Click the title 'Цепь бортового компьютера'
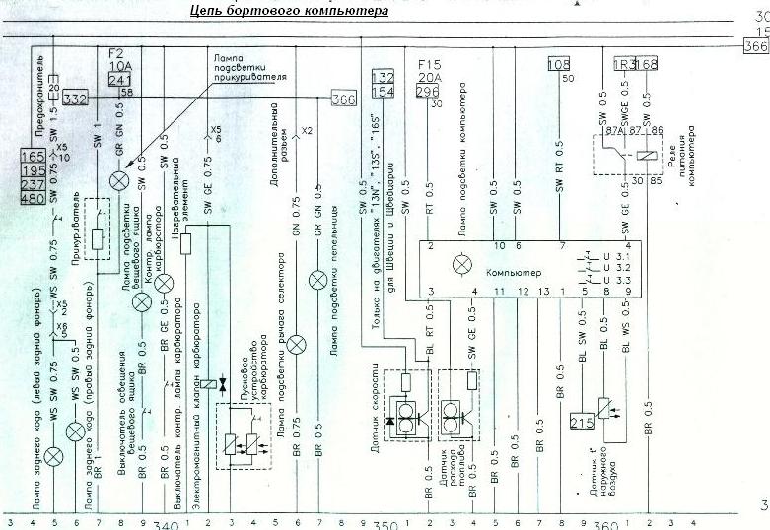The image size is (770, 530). pos(289,11)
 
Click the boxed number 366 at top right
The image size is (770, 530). pos(754,46)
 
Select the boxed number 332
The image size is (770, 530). pos(75,99)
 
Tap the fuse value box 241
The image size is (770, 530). pos(118,81)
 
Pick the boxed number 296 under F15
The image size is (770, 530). pos(428,91)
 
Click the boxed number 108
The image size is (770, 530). pos(557,65)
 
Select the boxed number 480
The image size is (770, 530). pos(32,198)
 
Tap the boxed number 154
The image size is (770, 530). pos(382,91)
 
